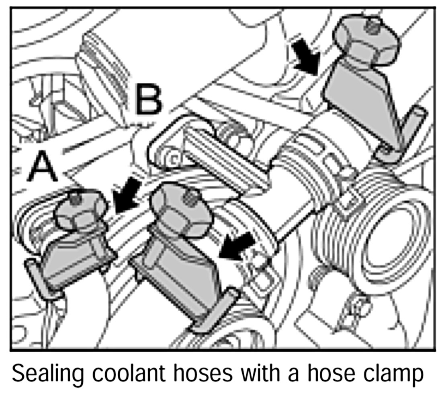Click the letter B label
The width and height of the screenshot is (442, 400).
tap(148, 100)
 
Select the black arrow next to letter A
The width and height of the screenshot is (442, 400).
tap(126, 195)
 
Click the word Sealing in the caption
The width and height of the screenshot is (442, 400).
tap(46, 374)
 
